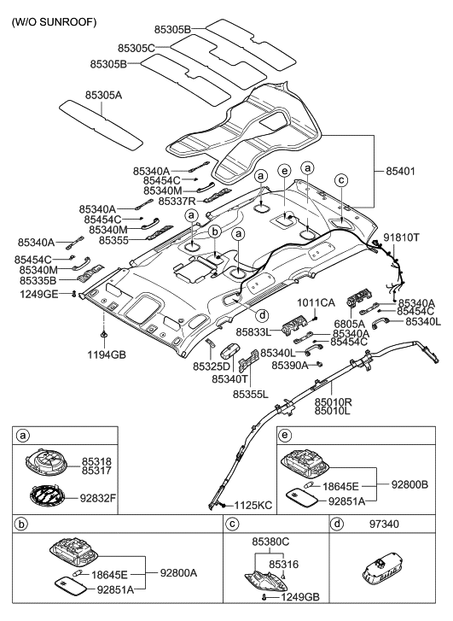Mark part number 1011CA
315,302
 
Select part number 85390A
290,365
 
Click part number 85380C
270,542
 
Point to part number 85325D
211,366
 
